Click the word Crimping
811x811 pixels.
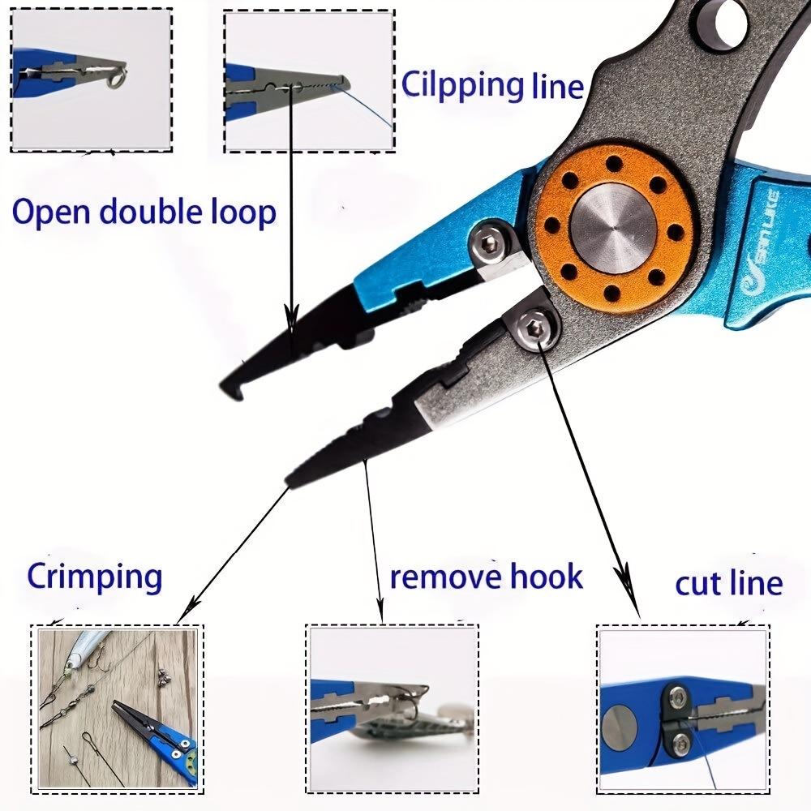pyautogui.click(x=95, y=577)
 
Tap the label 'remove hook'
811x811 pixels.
pyautogui.click(x=486, y=577)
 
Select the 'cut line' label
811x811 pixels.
pyautogui.click(x=728, y=582)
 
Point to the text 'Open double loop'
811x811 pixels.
pyautogui.click(x=144, y=212)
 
